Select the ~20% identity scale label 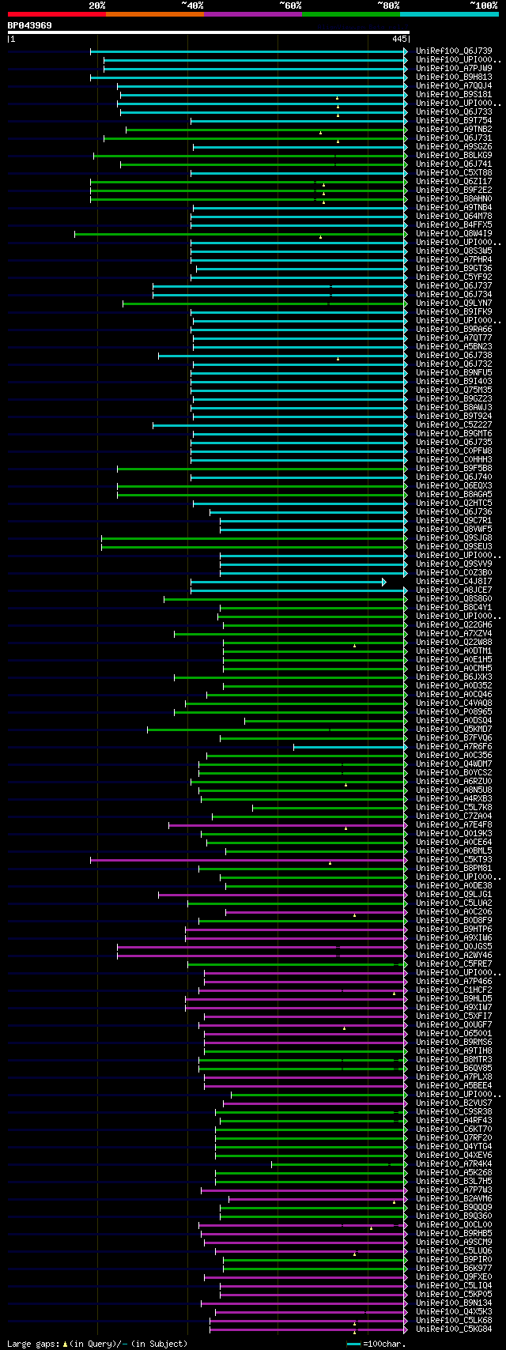click(97, 6)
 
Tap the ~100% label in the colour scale click(483, 6)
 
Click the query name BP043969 click(30, 25)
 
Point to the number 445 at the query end click(398, 39)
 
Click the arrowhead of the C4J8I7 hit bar click(384, 582)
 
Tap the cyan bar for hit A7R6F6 click(348, 747)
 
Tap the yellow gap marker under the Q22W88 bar click(354, 646)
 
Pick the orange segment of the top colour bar click(154, 14)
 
